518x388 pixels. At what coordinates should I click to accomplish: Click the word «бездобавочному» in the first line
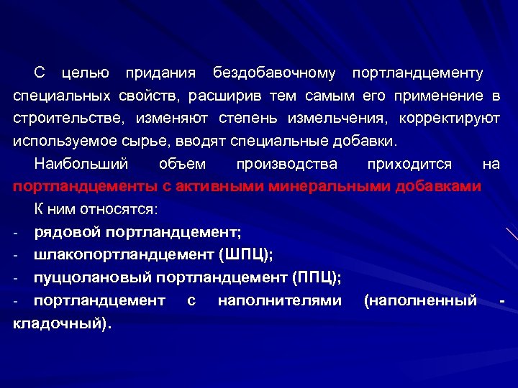274,73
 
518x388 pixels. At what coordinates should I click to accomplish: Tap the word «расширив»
228,96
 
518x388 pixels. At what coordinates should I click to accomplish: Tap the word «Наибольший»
81,164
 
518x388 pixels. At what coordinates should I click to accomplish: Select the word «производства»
286,164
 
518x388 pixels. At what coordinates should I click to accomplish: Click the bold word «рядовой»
67,232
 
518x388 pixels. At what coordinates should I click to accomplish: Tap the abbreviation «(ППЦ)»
317,277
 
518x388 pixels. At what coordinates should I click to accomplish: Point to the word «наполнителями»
279,300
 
